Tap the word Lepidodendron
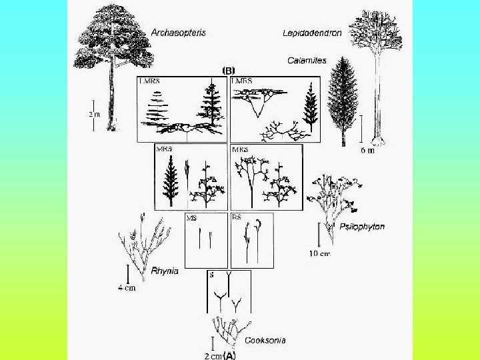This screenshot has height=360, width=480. (x=312, y=32)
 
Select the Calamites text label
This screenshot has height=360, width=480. (x=307, y=61)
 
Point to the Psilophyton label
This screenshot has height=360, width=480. (x=362, y=227)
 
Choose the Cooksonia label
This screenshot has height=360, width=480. (x=265, y=340)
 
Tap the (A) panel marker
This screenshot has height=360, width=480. (x=229, y=355)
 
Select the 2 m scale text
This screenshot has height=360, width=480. (x=95, y=113)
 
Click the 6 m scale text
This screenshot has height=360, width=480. (x=367, y=151)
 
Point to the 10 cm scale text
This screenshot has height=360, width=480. (x=321, y=253)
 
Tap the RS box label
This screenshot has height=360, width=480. (x=237, y=217)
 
